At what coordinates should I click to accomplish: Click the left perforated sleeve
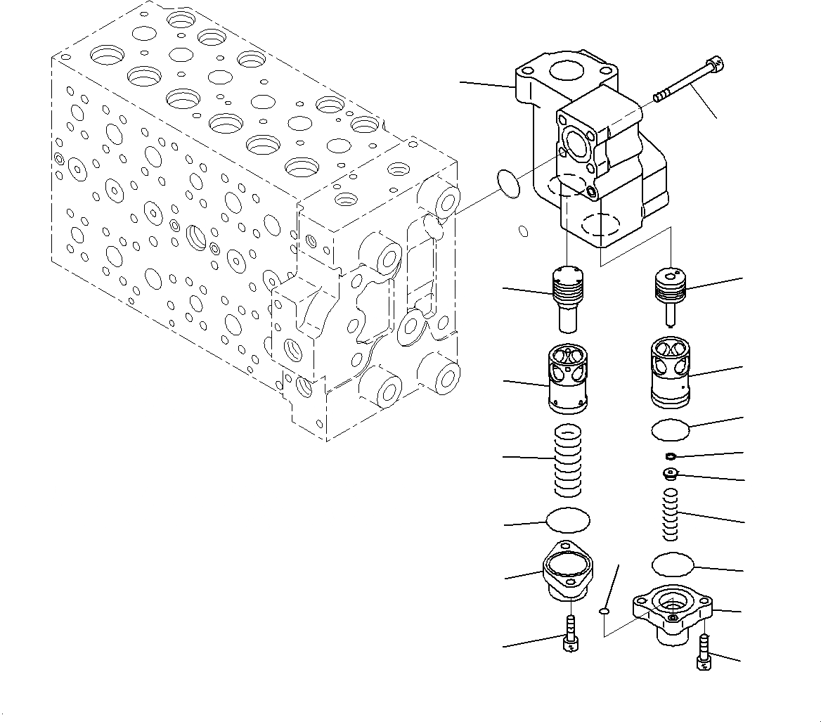coord(567,378)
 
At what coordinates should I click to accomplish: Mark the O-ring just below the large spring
coord(568,520)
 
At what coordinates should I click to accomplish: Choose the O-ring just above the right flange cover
coord(673,563)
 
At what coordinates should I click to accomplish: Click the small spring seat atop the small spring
coord(671,475)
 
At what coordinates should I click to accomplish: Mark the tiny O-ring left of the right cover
coord(604,612)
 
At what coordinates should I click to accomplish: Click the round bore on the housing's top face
coord(567,71)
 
